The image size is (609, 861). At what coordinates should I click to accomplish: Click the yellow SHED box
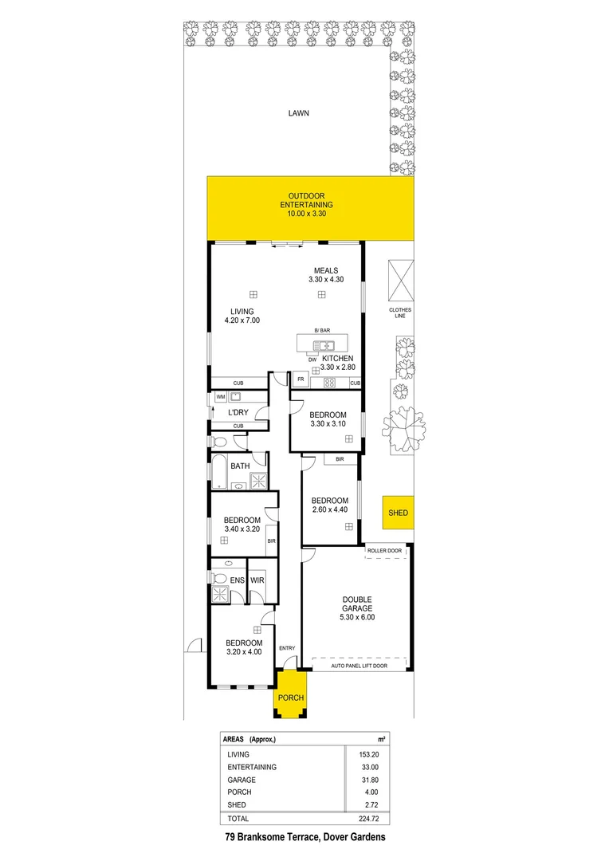click(398, 513)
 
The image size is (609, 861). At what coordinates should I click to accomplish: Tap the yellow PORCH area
click(290, 698)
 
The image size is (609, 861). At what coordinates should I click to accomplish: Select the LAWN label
click(298, 113)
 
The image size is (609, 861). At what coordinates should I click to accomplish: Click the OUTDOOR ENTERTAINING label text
click(306, 205)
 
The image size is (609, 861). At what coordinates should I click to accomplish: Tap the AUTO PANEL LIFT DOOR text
click(359, 665)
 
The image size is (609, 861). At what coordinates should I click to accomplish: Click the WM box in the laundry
click(220, 397)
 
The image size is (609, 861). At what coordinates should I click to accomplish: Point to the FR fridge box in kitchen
click(301, 379)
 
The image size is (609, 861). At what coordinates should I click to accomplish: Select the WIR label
click(257, 580)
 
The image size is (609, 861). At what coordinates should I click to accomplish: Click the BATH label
click(240, 466)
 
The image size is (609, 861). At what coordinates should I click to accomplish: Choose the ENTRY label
click(287, 647)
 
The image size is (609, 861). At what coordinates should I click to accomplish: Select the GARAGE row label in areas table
click(241, 780)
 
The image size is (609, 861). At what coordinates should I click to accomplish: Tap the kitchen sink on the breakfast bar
click(326, 345)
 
